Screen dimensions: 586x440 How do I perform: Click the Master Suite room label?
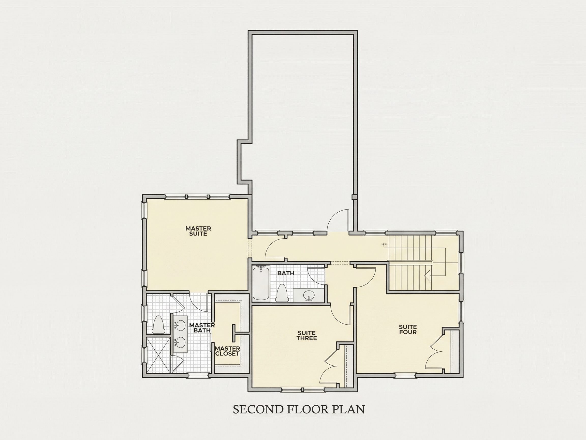coord(198,231)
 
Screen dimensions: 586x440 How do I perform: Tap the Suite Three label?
coord(306,336)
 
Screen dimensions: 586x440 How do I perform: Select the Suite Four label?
coord(408,329)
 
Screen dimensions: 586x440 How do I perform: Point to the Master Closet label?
coord(227,351)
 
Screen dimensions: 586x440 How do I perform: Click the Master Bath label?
coord(202,328)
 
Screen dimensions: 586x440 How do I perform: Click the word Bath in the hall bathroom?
coord(286,273)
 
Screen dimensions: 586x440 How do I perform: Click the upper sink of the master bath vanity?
coord(181,324)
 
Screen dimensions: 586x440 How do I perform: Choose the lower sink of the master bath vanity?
coord(181,342)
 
